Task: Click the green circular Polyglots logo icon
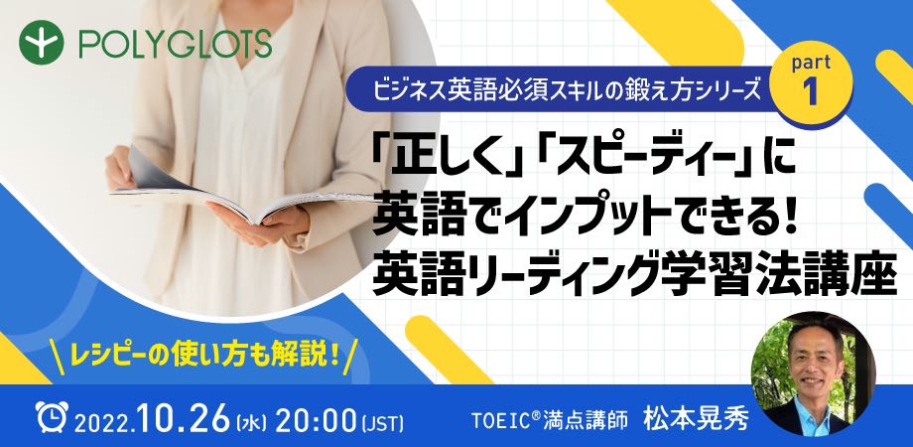pos(41,43)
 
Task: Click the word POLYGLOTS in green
pos(176,44)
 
